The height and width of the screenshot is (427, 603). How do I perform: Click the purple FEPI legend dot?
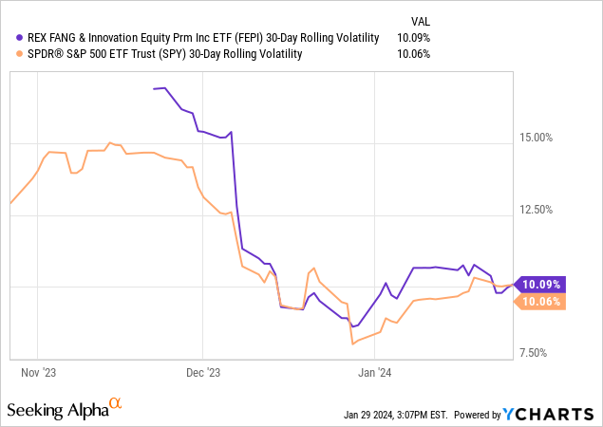[x=19, y=38]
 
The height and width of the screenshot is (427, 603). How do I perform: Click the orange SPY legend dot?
[x=19, y=54]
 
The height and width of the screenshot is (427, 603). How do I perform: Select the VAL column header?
[x=421, y=22]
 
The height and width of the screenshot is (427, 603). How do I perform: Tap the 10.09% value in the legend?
[x=413, y=38]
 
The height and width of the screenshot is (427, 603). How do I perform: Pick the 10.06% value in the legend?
[x=413, y=54]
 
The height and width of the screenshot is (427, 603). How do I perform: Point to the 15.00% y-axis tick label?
[x=537, y=138]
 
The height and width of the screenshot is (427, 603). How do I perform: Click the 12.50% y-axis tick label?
[x=537, y=210]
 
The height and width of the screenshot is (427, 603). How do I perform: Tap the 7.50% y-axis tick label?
[x=534, y=353]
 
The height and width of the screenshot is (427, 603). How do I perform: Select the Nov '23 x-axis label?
[x=38, y=372]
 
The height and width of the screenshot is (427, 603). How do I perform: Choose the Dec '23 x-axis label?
[x=203, y=372]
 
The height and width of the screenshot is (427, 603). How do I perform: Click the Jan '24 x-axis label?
[x=374, y=372]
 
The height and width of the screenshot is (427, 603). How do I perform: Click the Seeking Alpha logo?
[x=65, y=409]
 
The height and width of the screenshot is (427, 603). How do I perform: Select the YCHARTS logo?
[x=548, y=414]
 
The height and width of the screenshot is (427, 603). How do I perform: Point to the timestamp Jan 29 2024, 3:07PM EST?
[x=396, y=415]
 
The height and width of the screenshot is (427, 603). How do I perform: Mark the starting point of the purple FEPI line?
[x=154, y=89]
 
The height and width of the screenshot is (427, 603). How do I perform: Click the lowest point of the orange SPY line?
[x=352, y=343]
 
